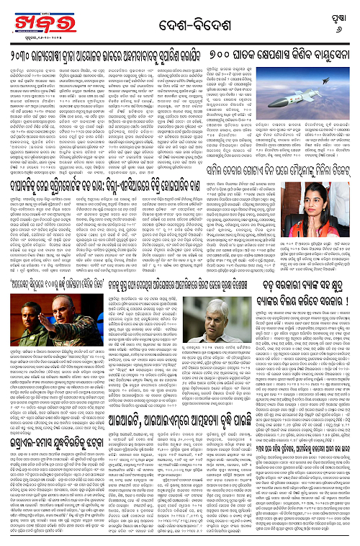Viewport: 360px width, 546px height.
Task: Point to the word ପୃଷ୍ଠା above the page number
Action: [342, 16]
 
